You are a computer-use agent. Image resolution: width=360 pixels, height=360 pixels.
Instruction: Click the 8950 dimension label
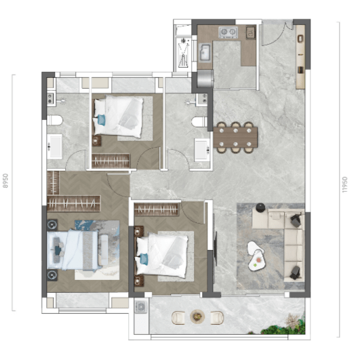coord(5,181)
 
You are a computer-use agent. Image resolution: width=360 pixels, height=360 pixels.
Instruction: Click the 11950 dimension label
coord(344,184)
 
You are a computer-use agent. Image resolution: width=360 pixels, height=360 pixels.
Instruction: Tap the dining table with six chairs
coord(235,138)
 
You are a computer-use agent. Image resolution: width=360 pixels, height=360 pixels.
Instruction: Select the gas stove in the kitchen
coord(228,33)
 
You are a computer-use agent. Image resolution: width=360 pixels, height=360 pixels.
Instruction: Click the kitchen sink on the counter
coord(205,53)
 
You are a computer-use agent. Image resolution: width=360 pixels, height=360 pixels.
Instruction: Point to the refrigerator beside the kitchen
coord(205,79)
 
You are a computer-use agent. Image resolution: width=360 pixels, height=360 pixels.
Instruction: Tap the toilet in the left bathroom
coord(55,120)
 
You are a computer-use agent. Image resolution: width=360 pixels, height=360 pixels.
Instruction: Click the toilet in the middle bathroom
coord(199,121)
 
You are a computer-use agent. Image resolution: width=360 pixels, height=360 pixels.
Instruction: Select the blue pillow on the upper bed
coord(101,120)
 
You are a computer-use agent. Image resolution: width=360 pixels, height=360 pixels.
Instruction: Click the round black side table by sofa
coord(260,207)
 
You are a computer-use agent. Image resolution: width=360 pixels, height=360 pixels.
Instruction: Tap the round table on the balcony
coord(197,317)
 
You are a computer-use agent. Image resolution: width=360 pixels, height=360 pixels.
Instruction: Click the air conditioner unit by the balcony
coord(141,306)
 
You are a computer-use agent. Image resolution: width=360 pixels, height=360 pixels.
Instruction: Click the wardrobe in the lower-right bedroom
coord(157,209)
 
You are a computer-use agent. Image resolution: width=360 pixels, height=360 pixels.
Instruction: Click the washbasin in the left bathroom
coord(55,146)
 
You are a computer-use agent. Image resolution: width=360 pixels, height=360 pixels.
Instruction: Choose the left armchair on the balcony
coord(178,318)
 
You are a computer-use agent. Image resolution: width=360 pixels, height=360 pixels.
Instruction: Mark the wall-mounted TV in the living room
coord(216,248)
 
